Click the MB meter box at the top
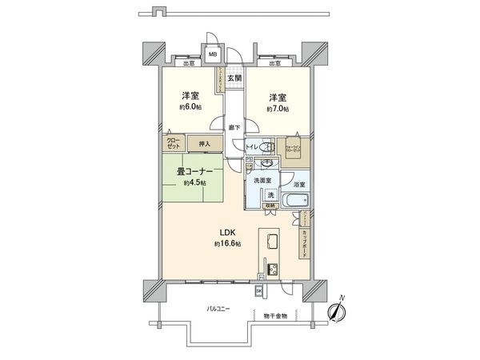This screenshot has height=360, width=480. (x=213, y=54)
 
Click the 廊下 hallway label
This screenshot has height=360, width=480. (x=233, y=126)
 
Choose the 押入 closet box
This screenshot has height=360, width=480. (x=205, y=144)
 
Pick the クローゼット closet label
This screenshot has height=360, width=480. (x=173, y=144)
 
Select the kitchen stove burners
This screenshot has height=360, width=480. (x=270, y=268)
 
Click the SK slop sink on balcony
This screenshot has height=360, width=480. (x=270, y=290)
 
